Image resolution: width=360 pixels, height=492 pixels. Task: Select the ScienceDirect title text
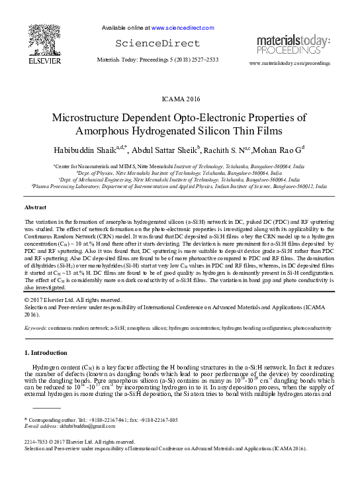pos(157,44)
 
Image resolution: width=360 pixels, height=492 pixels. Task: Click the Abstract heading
pos(36,207)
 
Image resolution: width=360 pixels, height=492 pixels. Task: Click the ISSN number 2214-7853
pos(38,441)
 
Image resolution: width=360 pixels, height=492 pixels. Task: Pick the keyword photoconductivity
pos(311,328)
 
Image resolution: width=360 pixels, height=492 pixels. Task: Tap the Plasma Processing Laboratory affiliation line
pos(180,187)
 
